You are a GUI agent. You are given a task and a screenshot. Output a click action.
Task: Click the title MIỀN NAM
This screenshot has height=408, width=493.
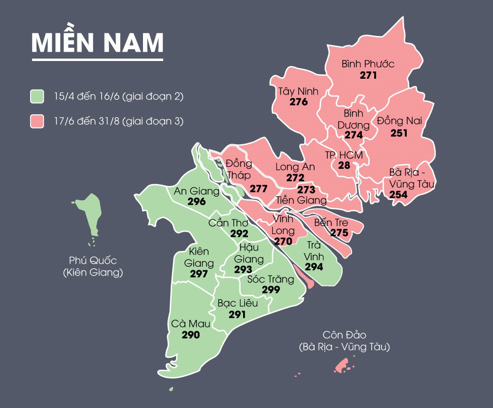coord(97,43)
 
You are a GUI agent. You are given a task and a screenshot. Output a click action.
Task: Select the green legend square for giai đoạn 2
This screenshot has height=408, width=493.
coord(37,96)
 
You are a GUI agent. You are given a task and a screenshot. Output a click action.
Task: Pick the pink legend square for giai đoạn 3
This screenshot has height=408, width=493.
coord(37,121)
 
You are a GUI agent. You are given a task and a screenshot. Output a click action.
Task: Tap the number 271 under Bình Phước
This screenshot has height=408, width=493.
coord(368,75)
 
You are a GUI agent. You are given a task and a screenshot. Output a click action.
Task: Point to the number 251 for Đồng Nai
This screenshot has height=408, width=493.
coord(399,133)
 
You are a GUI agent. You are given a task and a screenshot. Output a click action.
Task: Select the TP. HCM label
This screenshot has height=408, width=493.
coord(344,155)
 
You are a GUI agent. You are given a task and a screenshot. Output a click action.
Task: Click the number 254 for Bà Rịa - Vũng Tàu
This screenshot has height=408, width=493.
coord(398,195)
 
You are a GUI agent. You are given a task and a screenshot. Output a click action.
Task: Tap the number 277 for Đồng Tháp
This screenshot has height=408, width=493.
coord(258,188)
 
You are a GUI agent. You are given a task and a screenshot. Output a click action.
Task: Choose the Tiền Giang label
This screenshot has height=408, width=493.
coord(301,200)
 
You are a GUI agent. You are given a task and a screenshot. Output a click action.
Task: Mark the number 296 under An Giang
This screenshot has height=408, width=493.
coord(197,201)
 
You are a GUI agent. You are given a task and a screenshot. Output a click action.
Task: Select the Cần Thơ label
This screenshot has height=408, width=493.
coord(228,223)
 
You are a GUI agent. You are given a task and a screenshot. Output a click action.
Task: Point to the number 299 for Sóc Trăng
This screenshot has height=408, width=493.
coord(271,290)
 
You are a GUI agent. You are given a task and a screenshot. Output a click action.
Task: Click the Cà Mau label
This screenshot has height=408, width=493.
coord(191,324)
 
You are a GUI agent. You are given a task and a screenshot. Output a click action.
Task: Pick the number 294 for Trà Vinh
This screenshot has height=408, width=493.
coord(314,267)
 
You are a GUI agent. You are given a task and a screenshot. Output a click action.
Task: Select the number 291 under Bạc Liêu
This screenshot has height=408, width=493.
coord(237,314)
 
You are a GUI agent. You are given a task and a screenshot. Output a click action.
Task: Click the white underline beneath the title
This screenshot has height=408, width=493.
coord(97,60)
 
